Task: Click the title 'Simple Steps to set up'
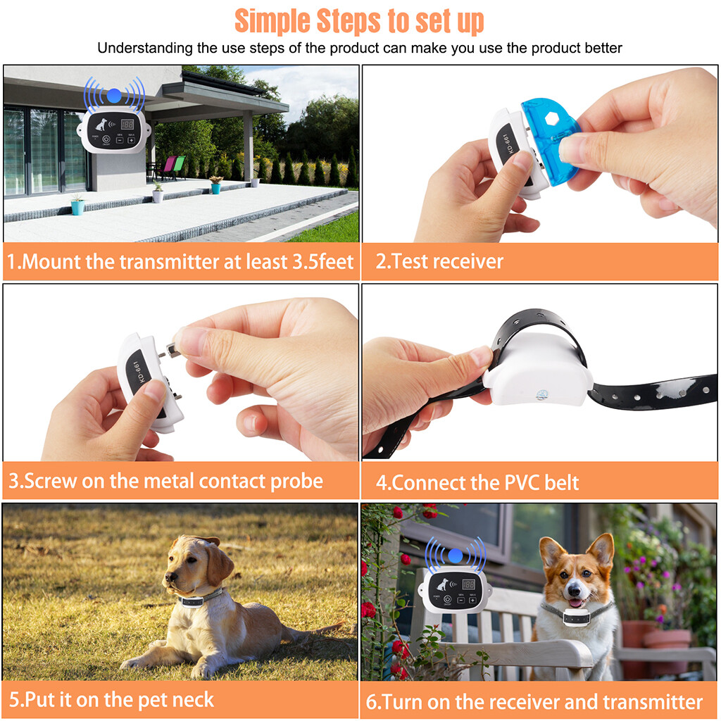[359, 21]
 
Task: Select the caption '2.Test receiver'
[439, 262]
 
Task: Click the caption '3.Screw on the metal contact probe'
[165, 481]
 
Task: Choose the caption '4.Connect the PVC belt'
[477, 482]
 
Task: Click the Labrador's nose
[168, 579]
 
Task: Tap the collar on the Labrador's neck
[200, 599]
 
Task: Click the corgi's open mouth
[576, 601]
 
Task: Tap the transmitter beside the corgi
[455, 589]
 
